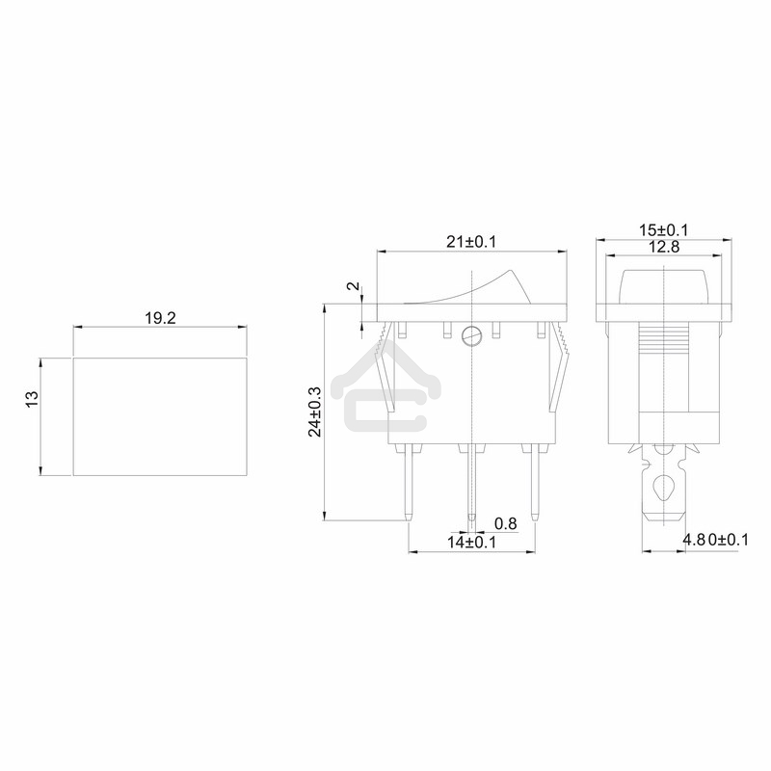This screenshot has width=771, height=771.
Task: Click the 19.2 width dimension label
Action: pyautogui.click(x=160, y=317)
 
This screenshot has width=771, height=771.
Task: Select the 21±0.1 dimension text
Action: pyautogui.click(x=469, y=241)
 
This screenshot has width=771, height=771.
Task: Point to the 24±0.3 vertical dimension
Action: pyautogui.click(x=315, y=412)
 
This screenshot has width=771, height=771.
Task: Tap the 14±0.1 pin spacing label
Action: pyautogui.click(x=470, y=542)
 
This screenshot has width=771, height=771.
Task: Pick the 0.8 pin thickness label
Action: pyautogui.click(x=505, y=523)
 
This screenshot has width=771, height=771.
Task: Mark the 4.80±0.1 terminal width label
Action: pyautogui.click(x=714, y=541)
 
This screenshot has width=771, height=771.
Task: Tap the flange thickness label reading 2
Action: pyautogui.click(x=353, y=288)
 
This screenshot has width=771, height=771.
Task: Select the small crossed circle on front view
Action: pyautogui.click(x=470, y=335)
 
